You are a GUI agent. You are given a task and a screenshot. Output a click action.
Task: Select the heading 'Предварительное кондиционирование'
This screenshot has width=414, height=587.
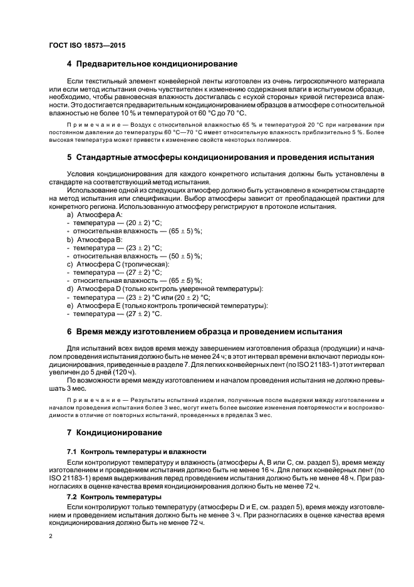coord(156,64)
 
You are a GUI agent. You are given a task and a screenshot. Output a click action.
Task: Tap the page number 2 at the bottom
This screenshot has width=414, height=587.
coord(50,536)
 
